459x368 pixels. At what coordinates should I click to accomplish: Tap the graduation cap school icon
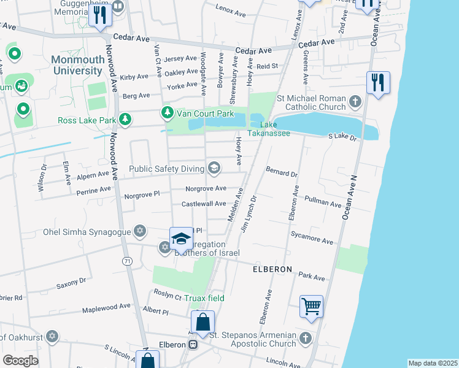pos(181,239)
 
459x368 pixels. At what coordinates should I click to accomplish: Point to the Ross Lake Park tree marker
pos(125,120)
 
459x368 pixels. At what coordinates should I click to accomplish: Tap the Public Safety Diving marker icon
pos(214,167)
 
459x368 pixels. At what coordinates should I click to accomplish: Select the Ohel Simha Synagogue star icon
pos(140,231)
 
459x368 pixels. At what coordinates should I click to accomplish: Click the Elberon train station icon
pos(193,345)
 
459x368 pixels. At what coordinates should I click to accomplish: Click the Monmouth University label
pos(77,65)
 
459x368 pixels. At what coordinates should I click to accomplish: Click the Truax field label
pos(206,298)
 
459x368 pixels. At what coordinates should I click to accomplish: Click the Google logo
pos(20,361)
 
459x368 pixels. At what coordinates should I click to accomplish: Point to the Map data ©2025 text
pos(432,363)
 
